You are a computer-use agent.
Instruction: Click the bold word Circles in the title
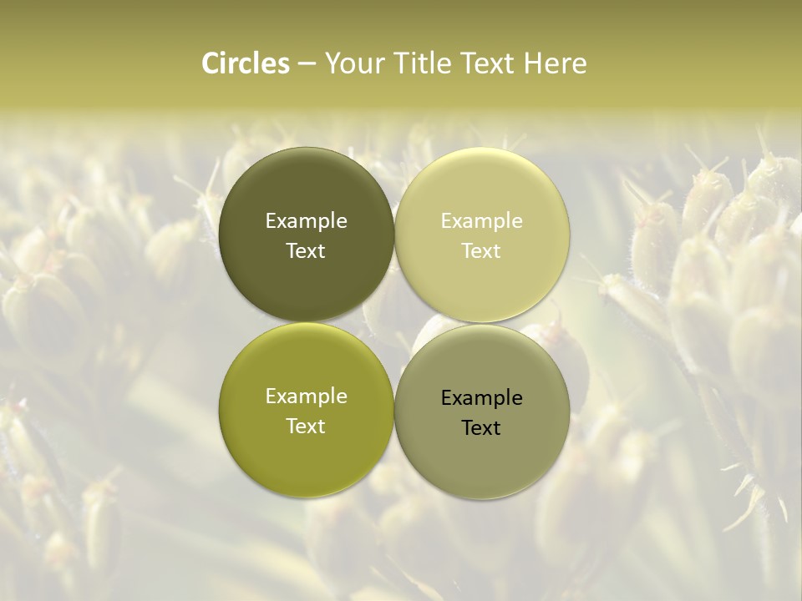(x=245, y=63)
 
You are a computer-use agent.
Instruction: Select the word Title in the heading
(x=423, y=63)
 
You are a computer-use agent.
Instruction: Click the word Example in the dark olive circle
(x=306, y=221)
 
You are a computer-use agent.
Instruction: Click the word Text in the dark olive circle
(x=306, y=250)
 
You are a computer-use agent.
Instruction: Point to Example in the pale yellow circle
(x=481, y=221)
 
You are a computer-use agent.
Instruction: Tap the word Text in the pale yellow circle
(x=481, y=250)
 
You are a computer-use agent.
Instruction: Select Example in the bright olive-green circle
(x=306, y=396)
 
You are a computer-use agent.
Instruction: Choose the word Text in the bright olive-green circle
(x=306, y=426)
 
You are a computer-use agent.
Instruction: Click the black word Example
(x=481, y=398)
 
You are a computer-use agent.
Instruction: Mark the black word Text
(x=481, y=427)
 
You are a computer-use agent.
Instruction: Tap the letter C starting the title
(x=211, y=63)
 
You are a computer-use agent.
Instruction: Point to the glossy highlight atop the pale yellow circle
(x=481, y=163)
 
